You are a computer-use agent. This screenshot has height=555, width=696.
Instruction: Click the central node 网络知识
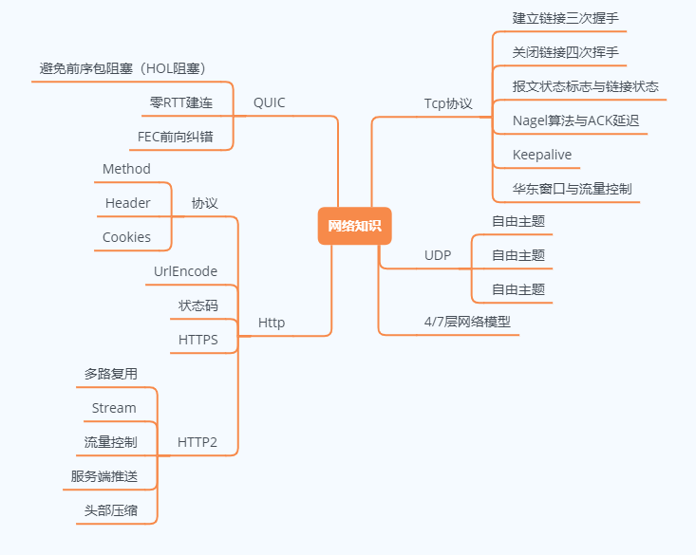[x=354, y=226]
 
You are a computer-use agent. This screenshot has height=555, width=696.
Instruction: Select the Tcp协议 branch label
[x=448, y=103]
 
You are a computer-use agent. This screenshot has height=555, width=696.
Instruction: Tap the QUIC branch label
[x=269, y=102]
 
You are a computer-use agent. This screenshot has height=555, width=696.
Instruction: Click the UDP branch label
[x=438, y=255]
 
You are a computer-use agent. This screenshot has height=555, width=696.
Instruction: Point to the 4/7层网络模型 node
[x=467, y=322]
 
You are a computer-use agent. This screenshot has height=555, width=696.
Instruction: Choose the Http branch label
[x=272, y=323]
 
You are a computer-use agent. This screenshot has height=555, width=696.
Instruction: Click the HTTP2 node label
[x=198, y=442]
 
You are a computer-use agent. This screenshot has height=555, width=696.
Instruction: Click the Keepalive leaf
[x=542, y=155]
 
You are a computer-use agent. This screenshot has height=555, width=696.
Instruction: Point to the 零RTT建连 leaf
[x=181, y=102]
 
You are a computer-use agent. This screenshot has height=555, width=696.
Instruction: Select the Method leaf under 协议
[x=126, y=169]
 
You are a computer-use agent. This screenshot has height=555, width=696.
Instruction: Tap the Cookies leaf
[x=126, y=237]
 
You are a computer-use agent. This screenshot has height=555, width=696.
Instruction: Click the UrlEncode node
[x=185, y=271]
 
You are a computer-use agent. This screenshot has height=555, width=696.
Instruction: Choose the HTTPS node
[x=198, y=339]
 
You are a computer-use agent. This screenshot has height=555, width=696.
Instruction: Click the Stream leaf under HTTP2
[x=114, y=408]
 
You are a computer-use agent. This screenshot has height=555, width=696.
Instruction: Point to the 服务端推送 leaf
[x=103, y=476]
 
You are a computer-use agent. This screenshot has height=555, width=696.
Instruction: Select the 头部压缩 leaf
[x=110, y=510]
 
